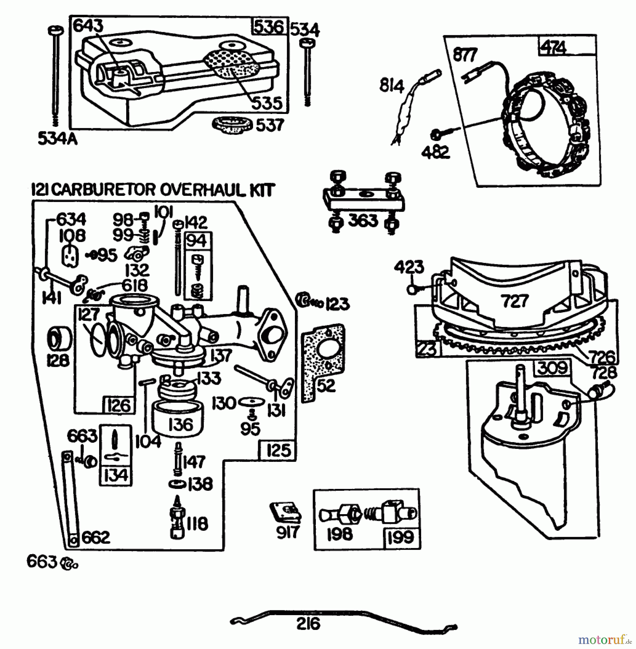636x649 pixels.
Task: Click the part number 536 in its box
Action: tap(269, 27)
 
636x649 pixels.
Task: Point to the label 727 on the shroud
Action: tap(514, 300)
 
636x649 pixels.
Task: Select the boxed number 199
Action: tap(400, 537)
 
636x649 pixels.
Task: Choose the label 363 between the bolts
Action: tap(363, 220)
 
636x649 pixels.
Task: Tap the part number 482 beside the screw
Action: tap(436, 152)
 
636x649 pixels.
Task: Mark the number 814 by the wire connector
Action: tap(392, 87)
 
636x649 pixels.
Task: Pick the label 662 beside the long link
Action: tap(96, 538)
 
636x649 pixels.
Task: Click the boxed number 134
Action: tap(116, 476)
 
